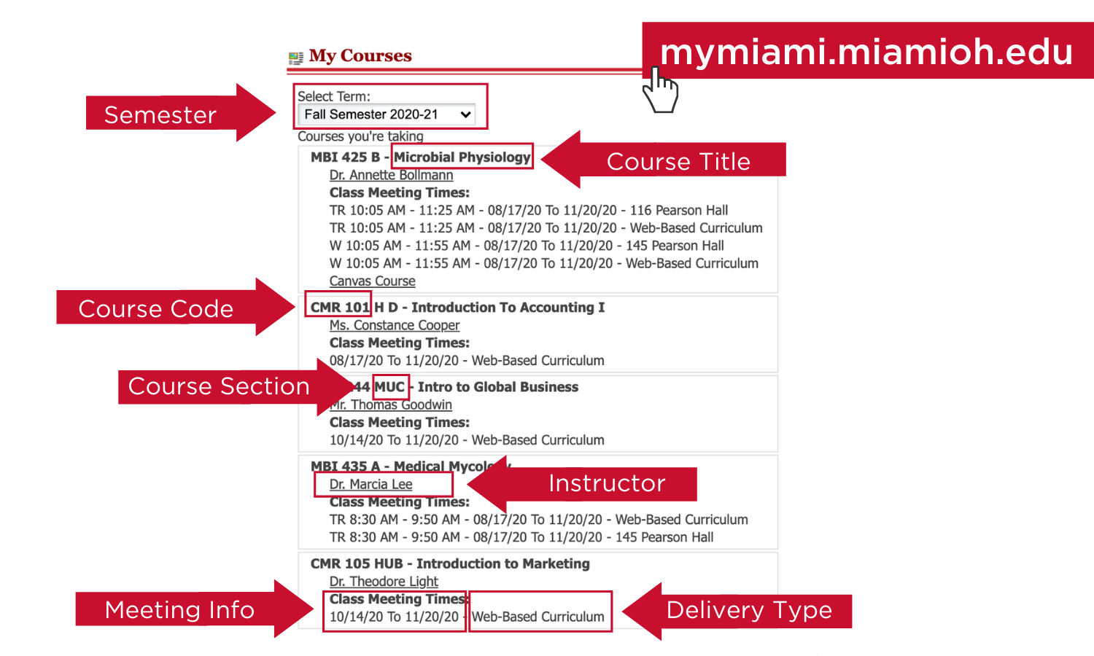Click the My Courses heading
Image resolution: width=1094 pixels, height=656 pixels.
pos(360,56)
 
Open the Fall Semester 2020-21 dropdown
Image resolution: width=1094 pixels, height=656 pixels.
pos(387,114)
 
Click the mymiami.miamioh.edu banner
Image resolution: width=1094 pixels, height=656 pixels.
pos(866,52)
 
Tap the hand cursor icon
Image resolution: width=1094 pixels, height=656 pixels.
pos(659,90)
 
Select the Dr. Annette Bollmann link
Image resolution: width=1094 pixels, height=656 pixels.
pos(391,175)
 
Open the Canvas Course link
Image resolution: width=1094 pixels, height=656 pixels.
pos(372,281)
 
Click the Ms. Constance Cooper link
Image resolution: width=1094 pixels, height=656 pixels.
pos(394,325)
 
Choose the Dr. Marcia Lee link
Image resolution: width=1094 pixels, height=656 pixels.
pos(371,485)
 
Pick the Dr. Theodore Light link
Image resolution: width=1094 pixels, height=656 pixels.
pos(384,582)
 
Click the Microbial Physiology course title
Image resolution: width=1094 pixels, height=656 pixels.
pos(462,157)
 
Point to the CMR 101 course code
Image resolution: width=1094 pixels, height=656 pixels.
pos(339,308)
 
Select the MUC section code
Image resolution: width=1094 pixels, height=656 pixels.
pos(389,387)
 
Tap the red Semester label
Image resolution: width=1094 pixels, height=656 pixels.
pos(160,115)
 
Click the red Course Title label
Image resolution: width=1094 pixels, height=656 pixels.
pos(678,161)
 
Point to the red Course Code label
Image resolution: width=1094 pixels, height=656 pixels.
pos(156,309)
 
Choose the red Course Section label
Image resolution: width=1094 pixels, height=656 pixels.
pos(219,386)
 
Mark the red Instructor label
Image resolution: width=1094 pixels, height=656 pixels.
pos(607,483)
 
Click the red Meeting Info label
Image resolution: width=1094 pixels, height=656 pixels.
pos(179,610)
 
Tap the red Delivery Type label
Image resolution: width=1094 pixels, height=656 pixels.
pos(749,610)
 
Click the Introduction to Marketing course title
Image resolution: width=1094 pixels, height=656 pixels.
pos(503,564)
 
